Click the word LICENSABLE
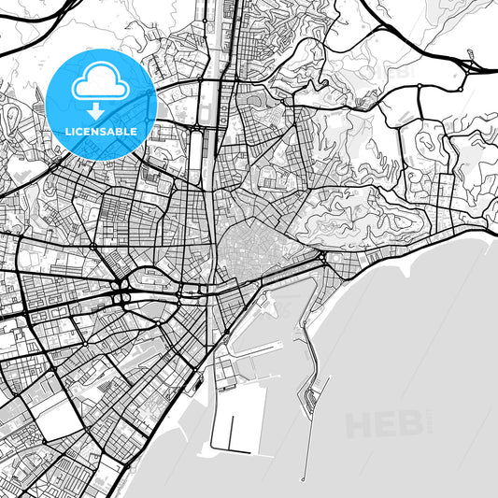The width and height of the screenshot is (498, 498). pos(100,132)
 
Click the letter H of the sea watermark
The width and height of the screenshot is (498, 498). pos(361,424)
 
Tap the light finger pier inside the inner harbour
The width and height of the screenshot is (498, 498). pos(254,351)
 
